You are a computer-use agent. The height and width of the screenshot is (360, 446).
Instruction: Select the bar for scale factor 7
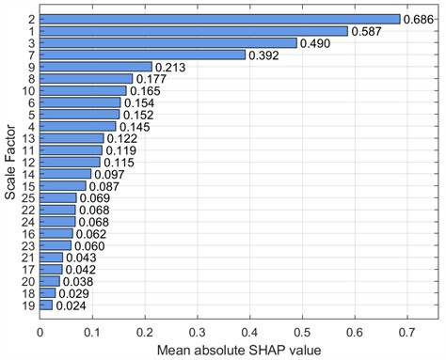[x=142, y=55]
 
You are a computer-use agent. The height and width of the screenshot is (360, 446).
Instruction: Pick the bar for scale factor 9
[x=95, y=67]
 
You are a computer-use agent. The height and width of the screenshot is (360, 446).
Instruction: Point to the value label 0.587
[x=367, y=31]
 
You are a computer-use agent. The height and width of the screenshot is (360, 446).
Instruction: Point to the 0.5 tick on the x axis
[x=301, y=331]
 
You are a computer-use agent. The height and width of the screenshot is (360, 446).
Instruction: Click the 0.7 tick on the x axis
[x=406, y=331]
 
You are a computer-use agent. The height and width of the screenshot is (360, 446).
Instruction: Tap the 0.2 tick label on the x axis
[x=144, y=331]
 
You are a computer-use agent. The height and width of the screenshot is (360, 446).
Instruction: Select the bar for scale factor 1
[x=193, y=31]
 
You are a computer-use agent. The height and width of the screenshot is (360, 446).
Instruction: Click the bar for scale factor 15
[x=62, y=186]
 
